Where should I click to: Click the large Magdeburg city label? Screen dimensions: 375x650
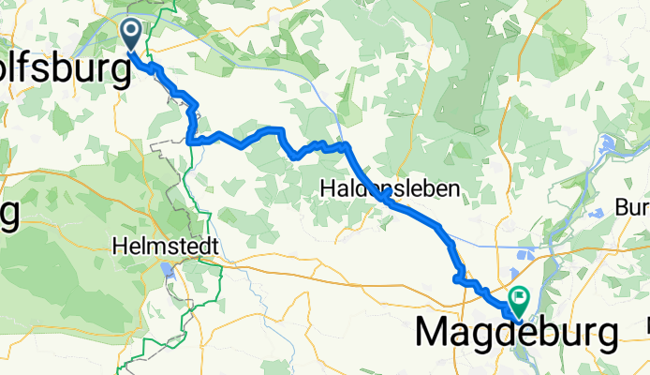(x=516, y=333)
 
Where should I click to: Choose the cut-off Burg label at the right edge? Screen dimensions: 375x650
(x=632, y=206)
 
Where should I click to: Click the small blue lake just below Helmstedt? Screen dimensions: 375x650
(x=168, y=271)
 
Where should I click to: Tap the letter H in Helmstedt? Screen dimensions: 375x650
(x=118, y=246)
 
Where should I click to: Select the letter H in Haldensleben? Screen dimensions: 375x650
(x=328, y=188)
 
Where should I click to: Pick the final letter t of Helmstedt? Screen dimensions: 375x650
(x=214, y=246)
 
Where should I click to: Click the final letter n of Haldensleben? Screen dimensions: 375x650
(x=454, y=188)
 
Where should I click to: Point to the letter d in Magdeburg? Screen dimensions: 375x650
(x=501, y=332)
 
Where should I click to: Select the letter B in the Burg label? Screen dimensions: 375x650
(x=621, y=206)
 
